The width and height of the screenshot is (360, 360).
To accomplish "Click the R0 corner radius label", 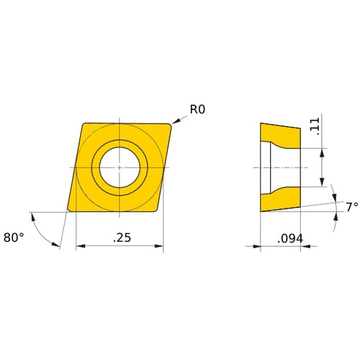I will click(x=197, y=110).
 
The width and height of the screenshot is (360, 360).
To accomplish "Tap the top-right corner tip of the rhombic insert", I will click(x=172, y=125).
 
